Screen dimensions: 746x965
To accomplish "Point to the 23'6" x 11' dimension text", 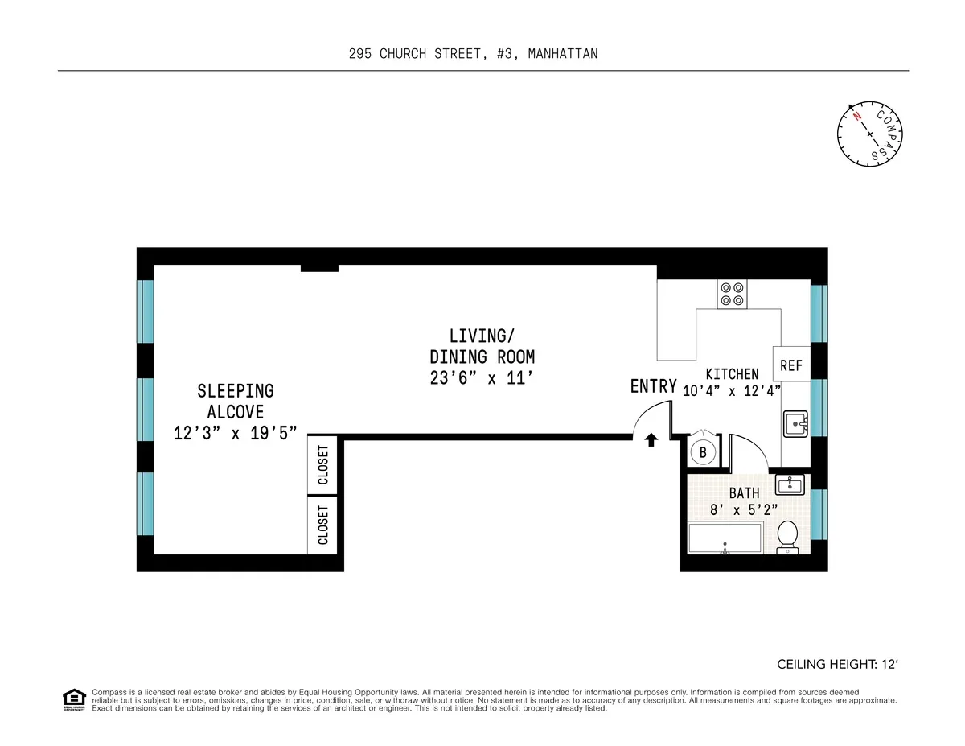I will tap(482, 377).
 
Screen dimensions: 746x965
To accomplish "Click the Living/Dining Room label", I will tap(482, 346).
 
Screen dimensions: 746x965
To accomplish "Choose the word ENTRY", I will tap(653, 386).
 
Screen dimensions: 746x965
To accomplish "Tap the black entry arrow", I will tap(651, 439).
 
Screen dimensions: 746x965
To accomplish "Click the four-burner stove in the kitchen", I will tap(732, 294).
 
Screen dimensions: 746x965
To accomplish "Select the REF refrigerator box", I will tap(791, 366).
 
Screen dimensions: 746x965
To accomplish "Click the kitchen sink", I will tap(796, 423).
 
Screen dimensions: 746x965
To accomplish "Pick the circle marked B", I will tap(703, 452).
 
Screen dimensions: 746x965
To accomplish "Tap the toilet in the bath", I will tap(787, 536).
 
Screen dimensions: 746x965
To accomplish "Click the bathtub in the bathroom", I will tap(725, 538).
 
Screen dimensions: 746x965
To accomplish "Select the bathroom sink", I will tap(790, 484).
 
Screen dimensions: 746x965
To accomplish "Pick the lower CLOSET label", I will tap(324, 525).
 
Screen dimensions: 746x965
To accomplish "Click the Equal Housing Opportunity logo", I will tap(73, 700).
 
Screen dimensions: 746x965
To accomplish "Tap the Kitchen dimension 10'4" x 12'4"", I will tap(732, 392).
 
